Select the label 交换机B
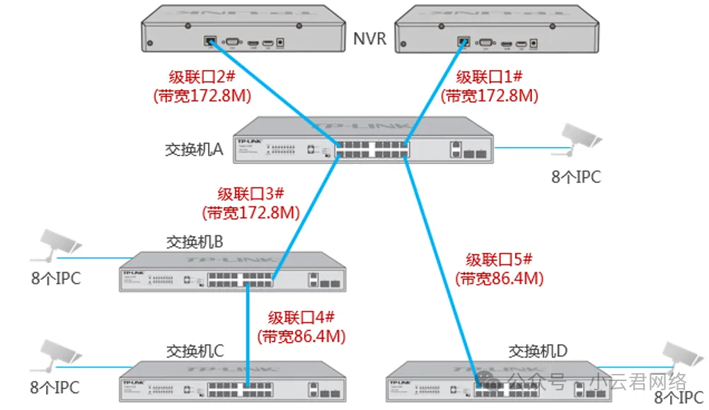coord(195,242)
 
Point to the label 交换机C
coord(195,351)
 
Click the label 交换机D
coord(538,351)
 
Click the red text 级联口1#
coord(488,77)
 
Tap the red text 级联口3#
coord(250,194)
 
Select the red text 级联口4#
coord(301,317)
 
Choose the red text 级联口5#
coord(500,259)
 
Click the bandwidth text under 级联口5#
coord(500,278)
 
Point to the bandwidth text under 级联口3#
coord(250,212)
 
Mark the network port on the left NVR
coord(211,40)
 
